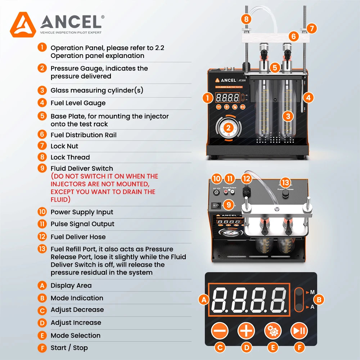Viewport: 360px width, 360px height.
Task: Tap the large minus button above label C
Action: click(x=220, y=330)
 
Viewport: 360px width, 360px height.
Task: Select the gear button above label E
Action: click(x=273, y=330)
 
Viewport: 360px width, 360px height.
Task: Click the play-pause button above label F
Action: click(x=299, y=330)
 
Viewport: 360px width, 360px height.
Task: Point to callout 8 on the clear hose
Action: click(x=246, y=19)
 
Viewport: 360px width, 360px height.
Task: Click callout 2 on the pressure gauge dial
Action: click(x=228, y=127)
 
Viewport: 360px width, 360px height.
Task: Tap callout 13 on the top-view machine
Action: click(x=285, y=183)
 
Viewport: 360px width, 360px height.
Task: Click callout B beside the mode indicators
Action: click(x=319, y=299)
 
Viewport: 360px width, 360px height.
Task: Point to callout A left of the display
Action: click(x=204, y=300)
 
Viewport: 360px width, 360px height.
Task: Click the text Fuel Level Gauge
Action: click(x=78, y=103)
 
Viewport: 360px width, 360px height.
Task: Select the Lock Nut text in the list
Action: click(x=64, y=146)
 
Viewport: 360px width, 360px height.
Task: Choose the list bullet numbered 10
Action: click(x=42, y=212)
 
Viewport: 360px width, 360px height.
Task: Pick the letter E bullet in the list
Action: click(x=42, y=336)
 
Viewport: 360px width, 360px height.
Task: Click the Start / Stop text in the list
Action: click(x=69, y=348)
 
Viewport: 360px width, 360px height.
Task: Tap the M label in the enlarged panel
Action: click(x=312, y=292)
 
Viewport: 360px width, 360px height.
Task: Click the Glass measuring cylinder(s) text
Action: click(x=97, y=90)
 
